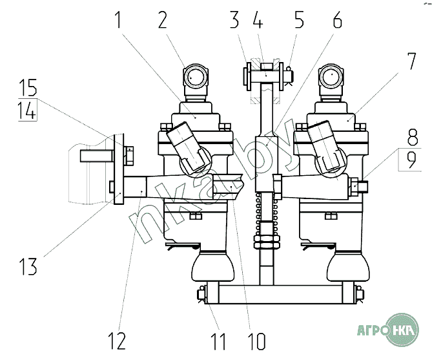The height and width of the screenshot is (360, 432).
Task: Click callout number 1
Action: (119, 21)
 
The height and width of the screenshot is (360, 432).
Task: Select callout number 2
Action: (162, 21)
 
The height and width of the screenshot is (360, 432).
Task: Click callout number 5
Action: (299, 21)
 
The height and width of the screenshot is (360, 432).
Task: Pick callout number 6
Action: (336, 21)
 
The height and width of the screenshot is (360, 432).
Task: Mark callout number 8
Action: (411, 138)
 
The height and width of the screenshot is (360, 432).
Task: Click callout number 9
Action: (411, 160)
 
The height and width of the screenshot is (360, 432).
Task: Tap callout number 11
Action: (219, 339)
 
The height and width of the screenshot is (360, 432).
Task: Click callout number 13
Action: (28, 264)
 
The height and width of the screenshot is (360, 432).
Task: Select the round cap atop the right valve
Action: (332, 78)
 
